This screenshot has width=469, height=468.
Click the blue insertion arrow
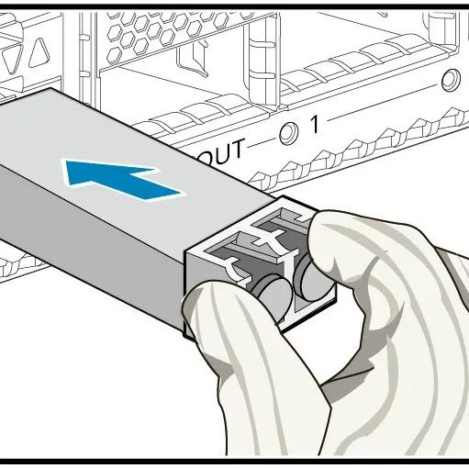click(122, 179)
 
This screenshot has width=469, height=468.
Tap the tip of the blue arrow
click(66, 163)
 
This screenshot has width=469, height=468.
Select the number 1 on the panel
click(315, 125)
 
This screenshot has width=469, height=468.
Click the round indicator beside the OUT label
click(288, 134)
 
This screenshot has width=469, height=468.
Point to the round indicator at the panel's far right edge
click(451, 80)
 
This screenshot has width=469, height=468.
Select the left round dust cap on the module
click(274, 294)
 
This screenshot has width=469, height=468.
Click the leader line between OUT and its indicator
click(262, 144)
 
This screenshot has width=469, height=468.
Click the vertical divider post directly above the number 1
click(263, 61)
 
